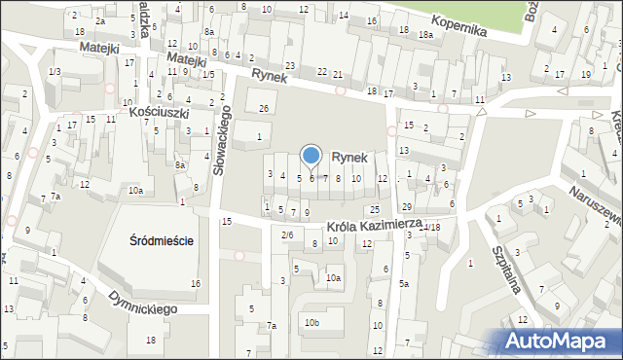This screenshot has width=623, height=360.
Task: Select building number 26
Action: click(264, 108)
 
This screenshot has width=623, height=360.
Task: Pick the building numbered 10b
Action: click(311, 322)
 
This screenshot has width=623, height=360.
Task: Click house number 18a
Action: click(425, 34)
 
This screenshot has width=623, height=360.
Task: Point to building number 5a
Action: click(403, 284)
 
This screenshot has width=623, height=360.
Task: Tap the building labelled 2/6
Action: click(287, 234)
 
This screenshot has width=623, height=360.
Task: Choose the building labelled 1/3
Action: click(55, 72)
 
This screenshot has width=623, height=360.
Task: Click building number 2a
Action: click(100, 20)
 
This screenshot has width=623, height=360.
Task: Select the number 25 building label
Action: click(374, 210)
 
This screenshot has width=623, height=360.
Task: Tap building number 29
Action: click(407, 207)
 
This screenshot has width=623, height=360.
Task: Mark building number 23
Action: click(289, 65)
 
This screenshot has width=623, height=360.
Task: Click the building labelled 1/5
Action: click(208, 74)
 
